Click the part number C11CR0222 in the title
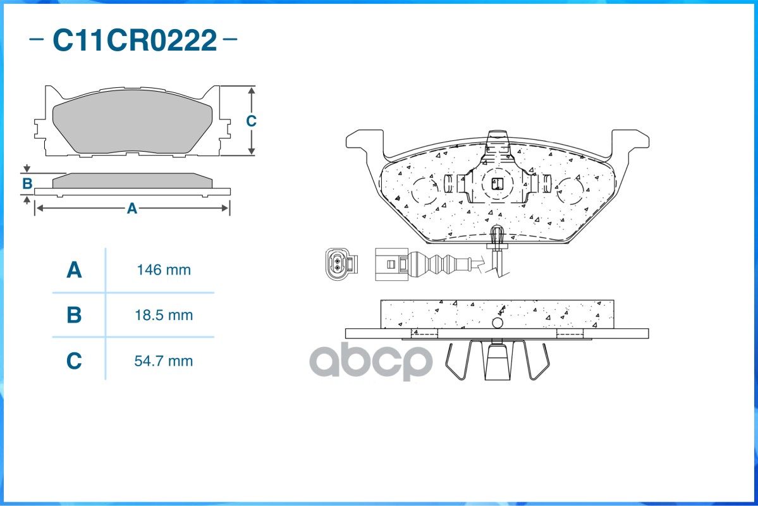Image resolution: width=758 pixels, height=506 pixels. point(135,40)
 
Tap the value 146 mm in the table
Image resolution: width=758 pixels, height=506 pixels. point(164,270)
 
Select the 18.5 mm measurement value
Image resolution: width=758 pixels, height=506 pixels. point(164,316)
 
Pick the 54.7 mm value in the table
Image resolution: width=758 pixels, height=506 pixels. point(163,361)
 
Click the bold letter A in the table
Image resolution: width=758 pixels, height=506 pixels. point(74,270)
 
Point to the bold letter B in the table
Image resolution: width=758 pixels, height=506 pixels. point(74,316)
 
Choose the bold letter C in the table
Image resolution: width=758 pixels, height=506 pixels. point(74,361)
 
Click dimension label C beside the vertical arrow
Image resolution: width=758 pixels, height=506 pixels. point(251,121)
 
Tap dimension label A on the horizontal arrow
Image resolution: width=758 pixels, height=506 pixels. point(132,209)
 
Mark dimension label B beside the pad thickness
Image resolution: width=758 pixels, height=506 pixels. point(27,184)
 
